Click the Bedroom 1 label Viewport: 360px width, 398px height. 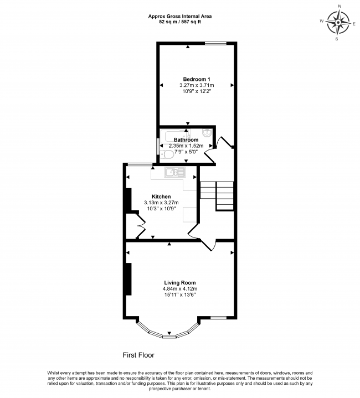click(x=197, y=79)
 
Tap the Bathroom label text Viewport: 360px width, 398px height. click(x=186, y=139)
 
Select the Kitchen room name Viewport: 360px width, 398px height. click(x=161, y=197)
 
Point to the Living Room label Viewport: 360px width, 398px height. click(x=180, y=282)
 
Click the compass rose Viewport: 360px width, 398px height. click(x=338, y=23)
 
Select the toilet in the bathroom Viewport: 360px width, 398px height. click(x=167, y=154)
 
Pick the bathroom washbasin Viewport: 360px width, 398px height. click(x=207, y=132)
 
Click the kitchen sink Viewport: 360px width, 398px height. click(x=175, y=172)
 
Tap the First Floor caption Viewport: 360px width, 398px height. click(x=138, y=355)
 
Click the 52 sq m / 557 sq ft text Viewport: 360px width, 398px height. click(x=180, y=22)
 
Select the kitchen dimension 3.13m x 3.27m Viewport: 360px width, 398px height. click(x=161, y=203)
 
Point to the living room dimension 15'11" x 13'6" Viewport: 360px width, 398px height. click(x=180, y=294)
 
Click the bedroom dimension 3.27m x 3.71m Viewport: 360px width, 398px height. click(x=197, y=85)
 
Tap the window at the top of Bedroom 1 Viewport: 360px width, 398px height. click(x=215, y=43)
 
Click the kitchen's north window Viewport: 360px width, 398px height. click(x=140, y=164)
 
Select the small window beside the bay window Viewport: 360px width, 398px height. click(x=218, y=318)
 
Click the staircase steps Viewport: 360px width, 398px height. click(x=217, y=196)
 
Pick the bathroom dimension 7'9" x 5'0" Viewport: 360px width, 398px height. click(x=186, y=152)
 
